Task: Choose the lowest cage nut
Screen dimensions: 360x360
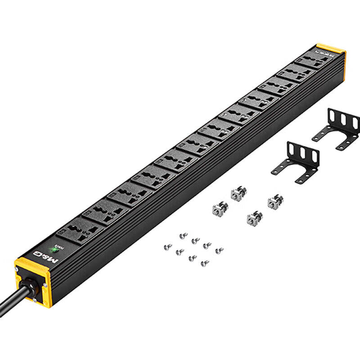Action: tap(254, 218)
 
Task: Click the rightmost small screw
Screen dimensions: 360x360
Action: tap(219, 250)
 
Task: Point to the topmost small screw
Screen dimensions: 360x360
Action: tap(183, 235)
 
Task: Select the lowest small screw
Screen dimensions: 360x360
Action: tap(204, 263)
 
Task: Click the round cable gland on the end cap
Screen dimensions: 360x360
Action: tap(28, 285)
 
